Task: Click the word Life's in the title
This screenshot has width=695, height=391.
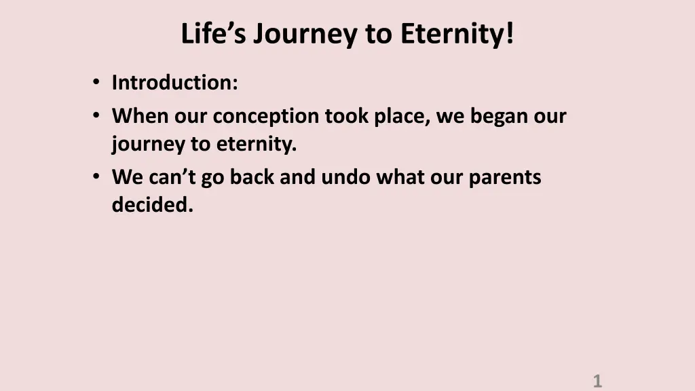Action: tap(213, 33)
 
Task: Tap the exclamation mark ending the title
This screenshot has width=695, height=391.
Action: tap(510, 33)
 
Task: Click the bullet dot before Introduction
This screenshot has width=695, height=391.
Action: tap(96, 82)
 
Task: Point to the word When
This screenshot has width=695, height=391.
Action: tap(140, 115)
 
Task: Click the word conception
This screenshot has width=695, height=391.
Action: tap(266, 117)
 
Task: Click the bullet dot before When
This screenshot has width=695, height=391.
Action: tap(96, 115)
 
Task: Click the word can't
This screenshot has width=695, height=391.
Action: tap(172, 177)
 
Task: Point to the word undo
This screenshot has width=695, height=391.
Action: tap(345, 177)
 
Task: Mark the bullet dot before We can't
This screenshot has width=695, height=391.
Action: tap(96, 176)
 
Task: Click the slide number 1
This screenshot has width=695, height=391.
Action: tap(597, 381)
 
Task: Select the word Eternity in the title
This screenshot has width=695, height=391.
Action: tap(451, 34)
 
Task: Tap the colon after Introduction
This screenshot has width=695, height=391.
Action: tap(234, 84)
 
